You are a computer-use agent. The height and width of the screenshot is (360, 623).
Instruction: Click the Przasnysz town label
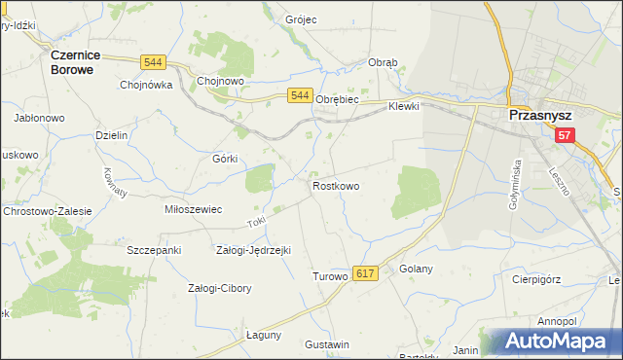[541, 115]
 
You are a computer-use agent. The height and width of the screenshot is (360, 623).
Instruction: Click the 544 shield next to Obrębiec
[300, 95]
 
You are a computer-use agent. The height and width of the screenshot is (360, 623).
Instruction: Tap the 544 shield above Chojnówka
[152, 62]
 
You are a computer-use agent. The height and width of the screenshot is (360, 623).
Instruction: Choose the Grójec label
[303, 19]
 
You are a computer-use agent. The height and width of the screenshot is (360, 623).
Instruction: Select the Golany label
[415, 269]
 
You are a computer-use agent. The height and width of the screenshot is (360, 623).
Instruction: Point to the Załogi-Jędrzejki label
[253, 250]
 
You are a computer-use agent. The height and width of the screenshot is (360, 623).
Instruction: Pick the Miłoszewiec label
[194, 209]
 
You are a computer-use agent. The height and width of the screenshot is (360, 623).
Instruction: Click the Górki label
[225, 158]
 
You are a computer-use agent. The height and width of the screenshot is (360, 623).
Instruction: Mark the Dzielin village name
[112, 135]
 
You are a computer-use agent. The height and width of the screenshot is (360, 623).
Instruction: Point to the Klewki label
[403, 106]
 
